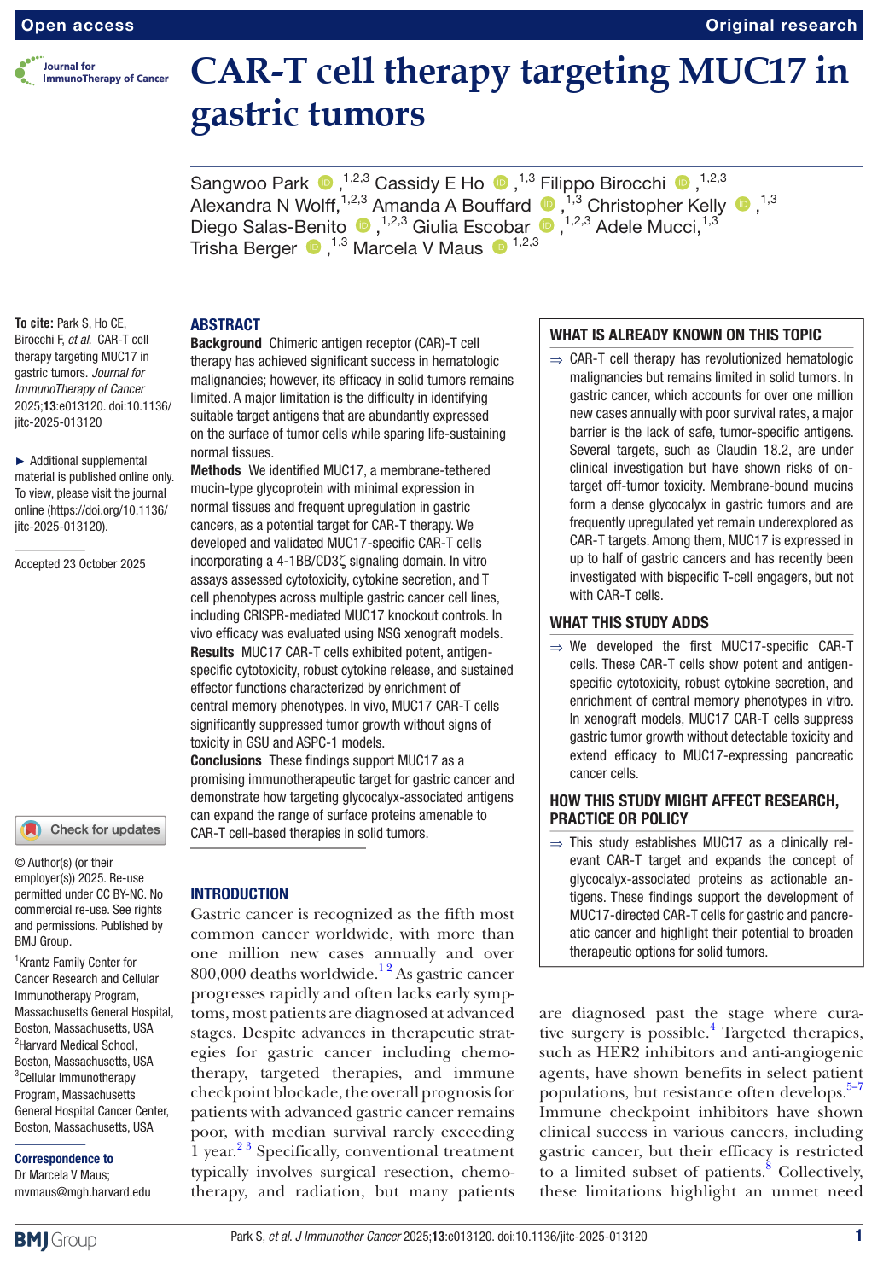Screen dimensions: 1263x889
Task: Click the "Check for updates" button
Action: pyautogui.click(x=90, y=829)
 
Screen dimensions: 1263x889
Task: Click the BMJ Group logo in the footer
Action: pyautogui.click(x=55, y=1239)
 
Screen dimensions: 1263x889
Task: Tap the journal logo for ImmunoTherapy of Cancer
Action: pyautogui.click(x=91, y=73)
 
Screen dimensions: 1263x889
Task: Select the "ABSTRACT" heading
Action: pyautogui.click(x=224, y=324)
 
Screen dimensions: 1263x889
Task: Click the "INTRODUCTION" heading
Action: pyautogui.click(x=239, y=893)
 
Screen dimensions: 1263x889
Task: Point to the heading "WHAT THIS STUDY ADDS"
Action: pyautogui.click(x=629, y=622)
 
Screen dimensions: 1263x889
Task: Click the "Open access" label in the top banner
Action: pyautogui.click(x=78, y=26)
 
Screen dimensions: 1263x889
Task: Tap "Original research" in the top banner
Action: pyautogui.click(x=781, y=26)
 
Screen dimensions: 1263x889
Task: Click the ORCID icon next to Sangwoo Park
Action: pyautogui.click(x=325, y=183)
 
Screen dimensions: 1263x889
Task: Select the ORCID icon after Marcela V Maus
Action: pyautogui.click(x=499, y=247)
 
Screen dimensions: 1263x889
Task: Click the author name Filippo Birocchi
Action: pyautogui.click(x=602, y=183)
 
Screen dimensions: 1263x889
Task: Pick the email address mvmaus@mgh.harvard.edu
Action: pyautogui.click(x=83, y=1192)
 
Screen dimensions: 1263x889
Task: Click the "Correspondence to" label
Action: pyautogui.click(x=64, y=1159)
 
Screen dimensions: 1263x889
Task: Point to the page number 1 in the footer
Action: pyautogui.click(x=858, y=1235)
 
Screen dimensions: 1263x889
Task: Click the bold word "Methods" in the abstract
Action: pyautogui.click(x=216, y=470)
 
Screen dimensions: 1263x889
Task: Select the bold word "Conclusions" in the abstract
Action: pyautogui.click(x=226, y=760)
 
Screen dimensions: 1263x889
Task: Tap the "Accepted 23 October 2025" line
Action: pyautogui.click(x=80, y=564)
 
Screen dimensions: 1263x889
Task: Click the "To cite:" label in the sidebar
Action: pyautogui.click(x=34, y=323)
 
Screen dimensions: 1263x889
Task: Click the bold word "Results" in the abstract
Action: pyautogui.click(x=212, y=652)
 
